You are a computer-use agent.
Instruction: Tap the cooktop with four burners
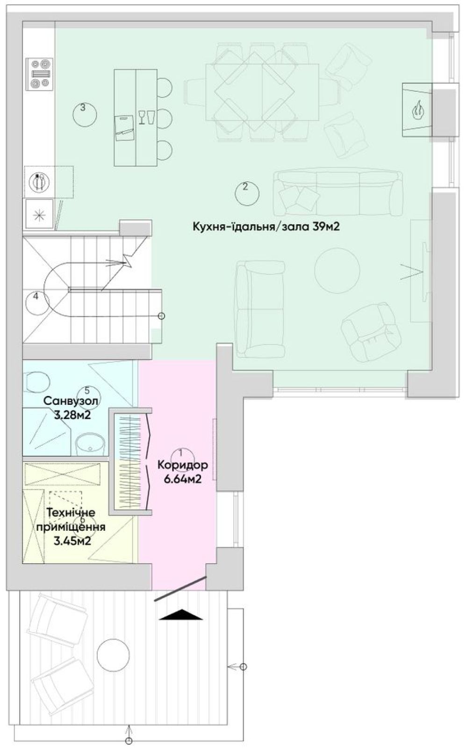coord(39,74)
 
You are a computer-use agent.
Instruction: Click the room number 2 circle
coord(247,193)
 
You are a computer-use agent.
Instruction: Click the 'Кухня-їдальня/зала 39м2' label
coord(266,227)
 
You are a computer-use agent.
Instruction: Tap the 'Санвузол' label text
coord(71,401)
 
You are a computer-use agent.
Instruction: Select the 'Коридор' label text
coord(183,465)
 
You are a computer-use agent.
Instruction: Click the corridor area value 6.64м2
coord(183,479)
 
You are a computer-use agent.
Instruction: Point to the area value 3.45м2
coord(72,541)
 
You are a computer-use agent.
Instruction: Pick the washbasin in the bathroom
coord(89,444)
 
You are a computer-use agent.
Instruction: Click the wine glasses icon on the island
coord(146,117)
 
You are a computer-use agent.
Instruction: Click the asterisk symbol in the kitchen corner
coord(40,214)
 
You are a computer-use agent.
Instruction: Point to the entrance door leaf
coord(180,589)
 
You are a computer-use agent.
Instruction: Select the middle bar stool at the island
coord(165,118)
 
